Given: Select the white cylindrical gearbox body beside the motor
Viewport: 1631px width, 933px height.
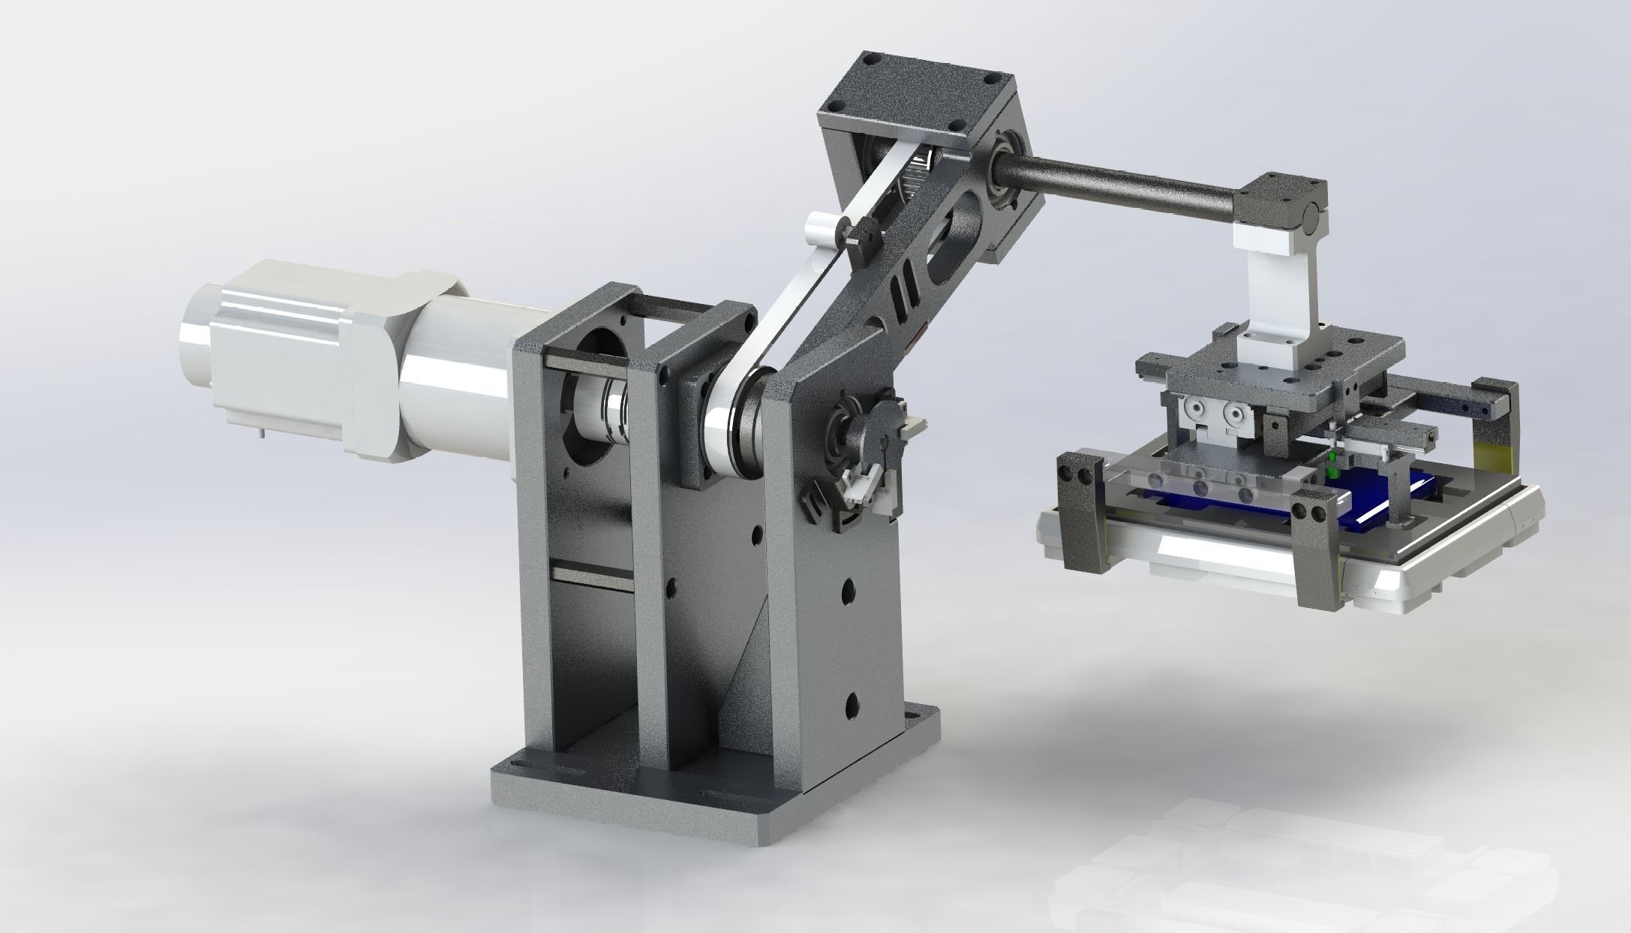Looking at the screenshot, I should (458, 390).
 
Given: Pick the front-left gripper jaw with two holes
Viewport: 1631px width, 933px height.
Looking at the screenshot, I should (1080, 514).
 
